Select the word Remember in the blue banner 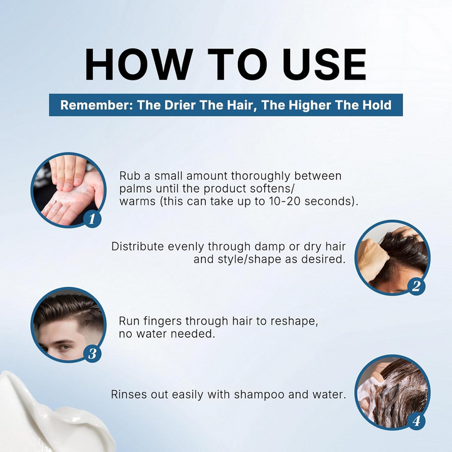(x=96, y=105)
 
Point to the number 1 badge (x=92, y=219)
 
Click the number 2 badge (x=416, y=286)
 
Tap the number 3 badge (x=92, y=353)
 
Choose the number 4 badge (x=416, y=421)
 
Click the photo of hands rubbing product (x=68, y=190)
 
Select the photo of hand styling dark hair (x=392, y=258)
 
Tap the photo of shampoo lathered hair (x=392, y=392)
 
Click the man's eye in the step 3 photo (x=63, y=347)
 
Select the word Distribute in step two (x=137, y=247)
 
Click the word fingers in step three (x=163, y=321)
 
